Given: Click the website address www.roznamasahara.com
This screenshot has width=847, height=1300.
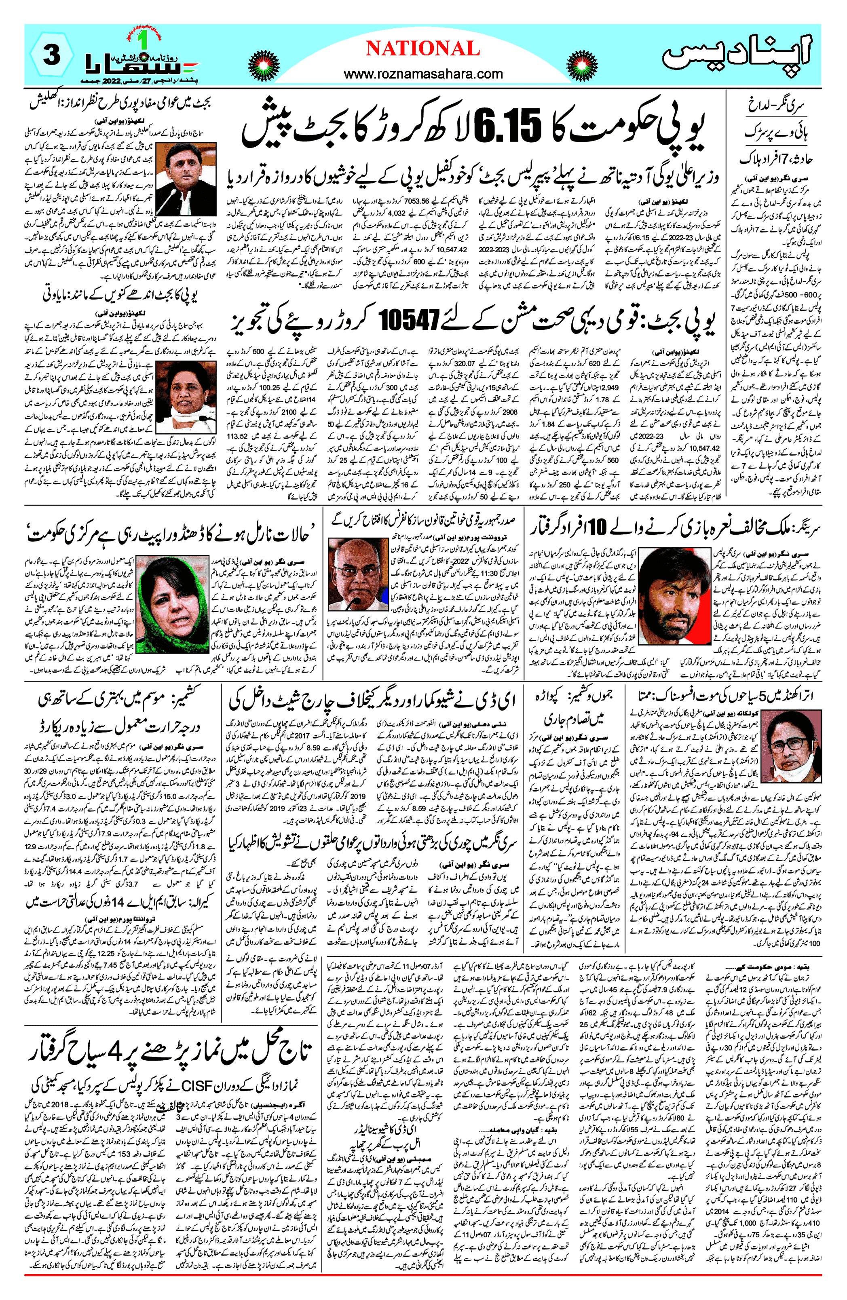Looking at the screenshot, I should click(422, 73).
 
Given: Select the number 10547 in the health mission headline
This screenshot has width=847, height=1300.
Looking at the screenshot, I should click(409, 321).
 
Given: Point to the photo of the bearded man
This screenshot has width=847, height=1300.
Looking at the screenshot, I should click(674, 596).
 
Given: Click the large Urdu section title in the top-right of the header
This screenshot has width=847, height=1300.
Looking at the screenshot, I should click(736, 53).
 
